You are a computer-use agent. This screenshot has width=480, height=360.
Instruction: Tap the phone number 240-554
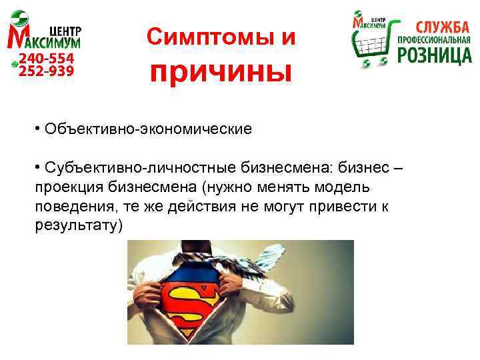pyautogui.click(x=47, y=58)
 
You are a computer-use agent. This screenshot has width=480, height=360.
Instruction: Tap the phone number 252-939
pyautogui.click(x=47, y=71)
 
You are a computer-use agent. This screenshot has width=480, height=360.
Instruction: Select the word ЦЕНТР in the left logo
pyautogui.click(x=64, y=29)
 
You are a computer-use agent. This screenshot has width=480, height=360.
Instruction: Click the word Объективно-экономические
pyautogui.click(x=149, y=129)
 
